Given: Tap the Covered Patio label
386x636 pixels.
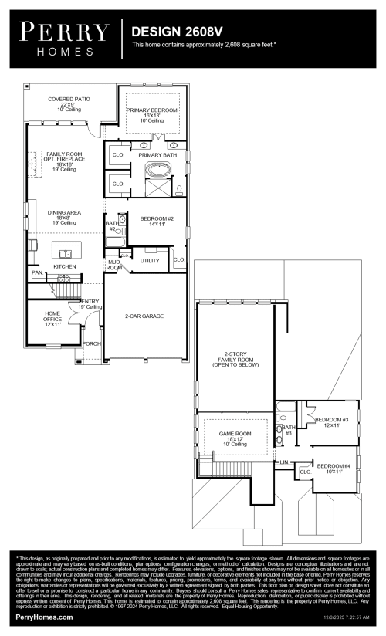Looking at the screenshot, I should point(69,104).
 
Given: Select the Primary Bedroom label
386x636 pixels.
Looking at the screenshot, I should point(152,116).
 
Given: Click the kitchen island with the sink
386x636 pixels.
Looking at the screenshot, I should point(66,251).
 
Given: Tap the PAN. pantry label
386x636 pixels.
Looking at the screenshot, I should point(36,272).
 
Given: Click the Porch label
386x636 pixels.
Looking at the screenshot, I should point(91,343).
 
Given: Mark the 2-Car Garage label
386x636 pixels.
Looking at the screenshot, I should point(144,316).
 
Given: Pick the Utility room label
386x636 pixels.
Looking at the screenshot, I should point(150,261).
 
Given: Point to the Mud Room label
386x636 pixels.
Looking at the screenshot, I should point(113,265).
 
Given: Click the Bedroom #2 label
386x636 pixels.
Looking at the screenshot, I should point(157,222).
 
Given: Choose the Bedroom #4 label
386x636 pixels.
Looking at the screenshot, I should point(334,468).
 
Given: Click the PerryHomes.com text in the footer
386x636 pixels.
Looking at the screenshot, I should point(44,617).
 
